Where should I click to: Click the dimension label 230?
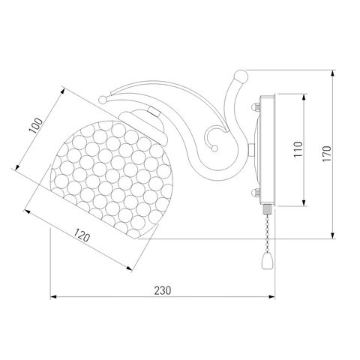[163, 290]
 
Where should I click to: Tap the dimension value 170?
[326, 154]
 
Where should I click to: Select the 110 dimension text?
[298, 149]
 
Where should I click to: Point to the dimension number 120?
[82, 235]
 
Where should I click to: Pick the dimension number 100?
[36, 125]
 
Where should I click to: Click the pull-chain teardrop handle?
[266, 261]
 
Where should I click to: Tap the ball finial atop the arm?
[241, 76]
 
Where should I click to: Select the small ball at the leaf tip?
[103, 100]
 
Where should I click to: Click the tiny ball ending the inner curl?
[214, 148]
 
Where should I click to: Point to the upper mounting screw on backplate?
[256, 107]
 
